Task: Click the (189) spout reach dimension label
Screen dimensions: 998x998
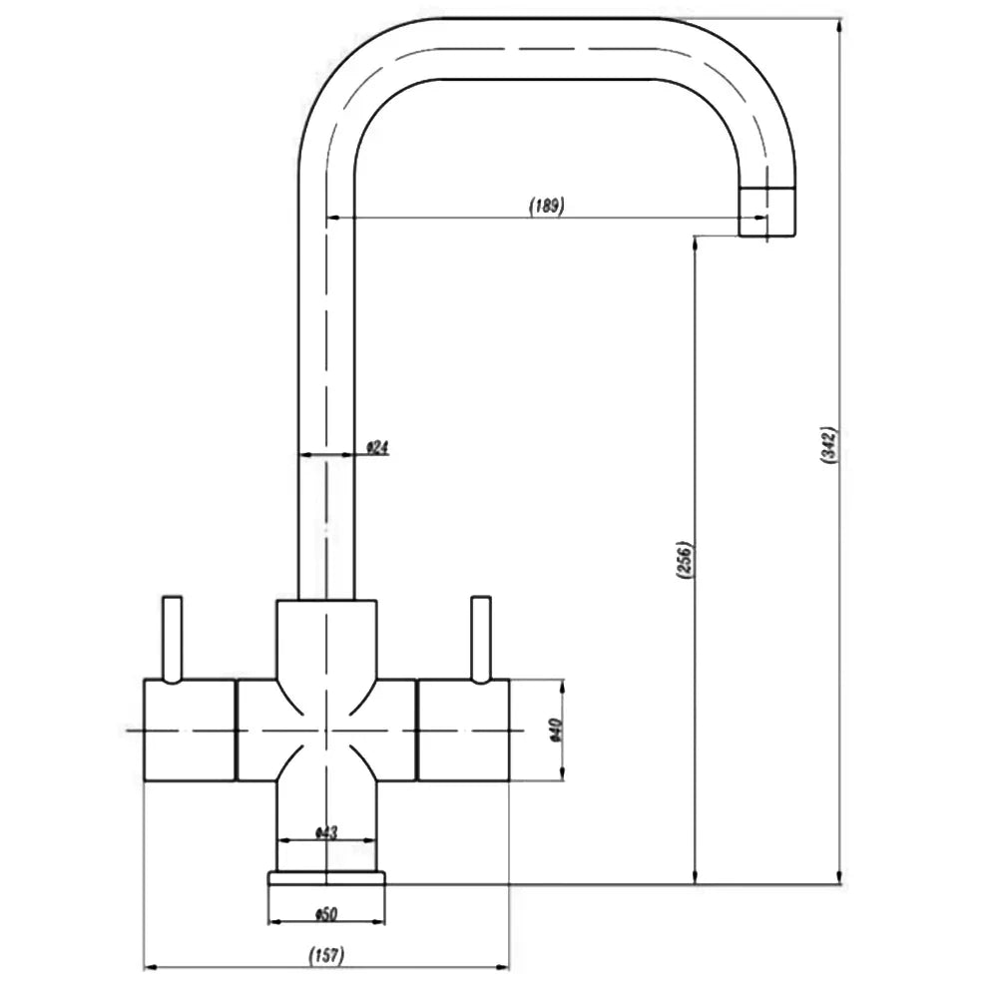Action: tap(547, 206)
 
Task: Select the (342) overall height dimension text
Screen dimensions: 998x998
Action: tap(829, 445)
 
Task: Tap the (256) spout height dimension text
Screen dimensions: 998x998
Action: tap(684, 560)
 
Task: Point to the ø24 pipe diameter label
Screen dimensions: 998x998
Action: tap(377, 448)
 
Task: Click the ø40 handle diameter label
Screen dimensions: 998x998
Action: tap(555, 731)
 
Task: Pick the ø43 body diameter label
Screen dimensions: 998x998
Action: tap(326, 832)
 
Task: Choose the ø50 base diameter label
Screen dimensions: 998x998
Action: tap(326, 914)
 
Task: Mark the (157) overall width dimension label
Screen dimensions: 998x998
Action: tap(326, 955)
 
